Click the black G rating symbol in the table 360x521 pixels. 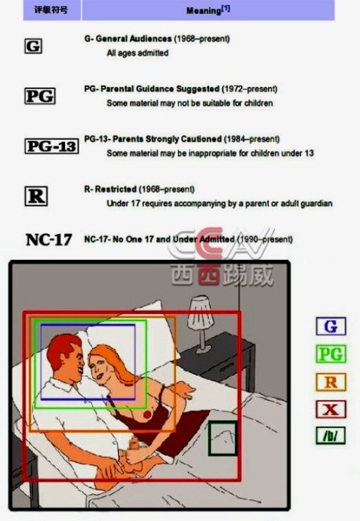point(33,46)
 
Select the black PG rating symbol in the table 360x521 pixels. point(40,96)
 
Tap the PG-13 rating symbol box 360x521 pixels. point(52,146)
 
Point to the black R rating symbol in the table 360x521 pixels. point(36,196)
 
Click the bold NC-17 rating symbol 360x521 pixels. point(49,239)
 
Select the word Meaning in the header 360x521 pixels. point(203,11)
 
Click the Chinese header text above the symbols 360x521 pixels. point(51,10)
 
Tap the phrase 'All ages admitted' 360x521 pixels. point(137,53)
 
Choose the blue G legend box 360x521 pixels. point(331,326)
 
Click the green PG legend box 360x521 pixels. point(331,354)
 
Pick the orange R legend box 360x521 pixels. point(331,382)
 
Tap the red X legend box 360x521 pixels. point(331,409)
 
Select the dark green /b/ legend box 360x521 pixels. point(331,436)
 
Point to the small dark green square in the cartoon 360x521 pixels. point(223,438)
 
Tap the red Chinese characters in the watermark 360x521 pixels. point(209,275)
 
